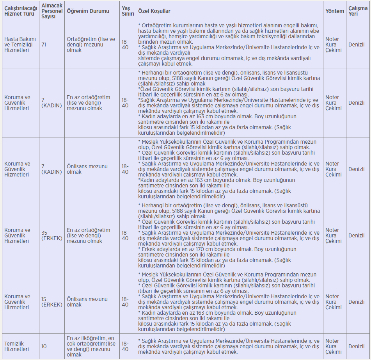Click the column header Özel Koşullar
click(154, 11)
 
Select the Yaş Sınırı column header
click(126, 11)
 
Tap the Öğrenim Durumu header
click(88, 11)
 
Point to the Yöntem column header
click(335, 11)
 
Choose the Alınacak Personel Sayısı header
click(52, 11)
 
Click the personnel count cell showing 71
click(44, 45)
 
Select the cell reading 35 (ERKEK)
click(51, 235)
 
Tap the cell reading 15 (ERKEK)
click(51, 302)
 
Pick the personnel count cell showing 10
click(44, 346)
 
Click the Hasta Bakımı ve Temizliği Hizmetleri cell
click(20, 45)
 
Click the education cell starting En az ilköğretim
click(91, 346)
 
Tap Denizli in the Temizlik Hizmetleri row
click(357, 346)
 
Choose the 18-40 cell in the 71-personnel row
click(125, 45)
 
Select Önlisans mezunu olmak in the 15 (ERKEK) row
click(87, 302)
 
